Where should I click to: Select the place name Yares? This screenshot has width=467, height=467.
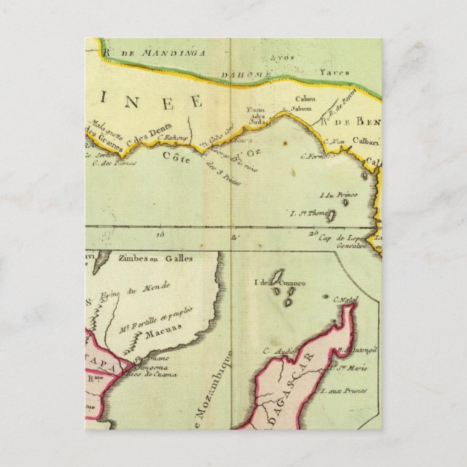pyautogui.click(x=334, y=72)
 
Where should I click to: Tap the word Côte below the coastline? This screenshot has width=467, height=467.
pyautogui.click(x=178, y=158)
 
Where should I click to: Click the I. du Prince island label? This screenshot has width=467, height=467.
pyautogui.click(x=335, y=194)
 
